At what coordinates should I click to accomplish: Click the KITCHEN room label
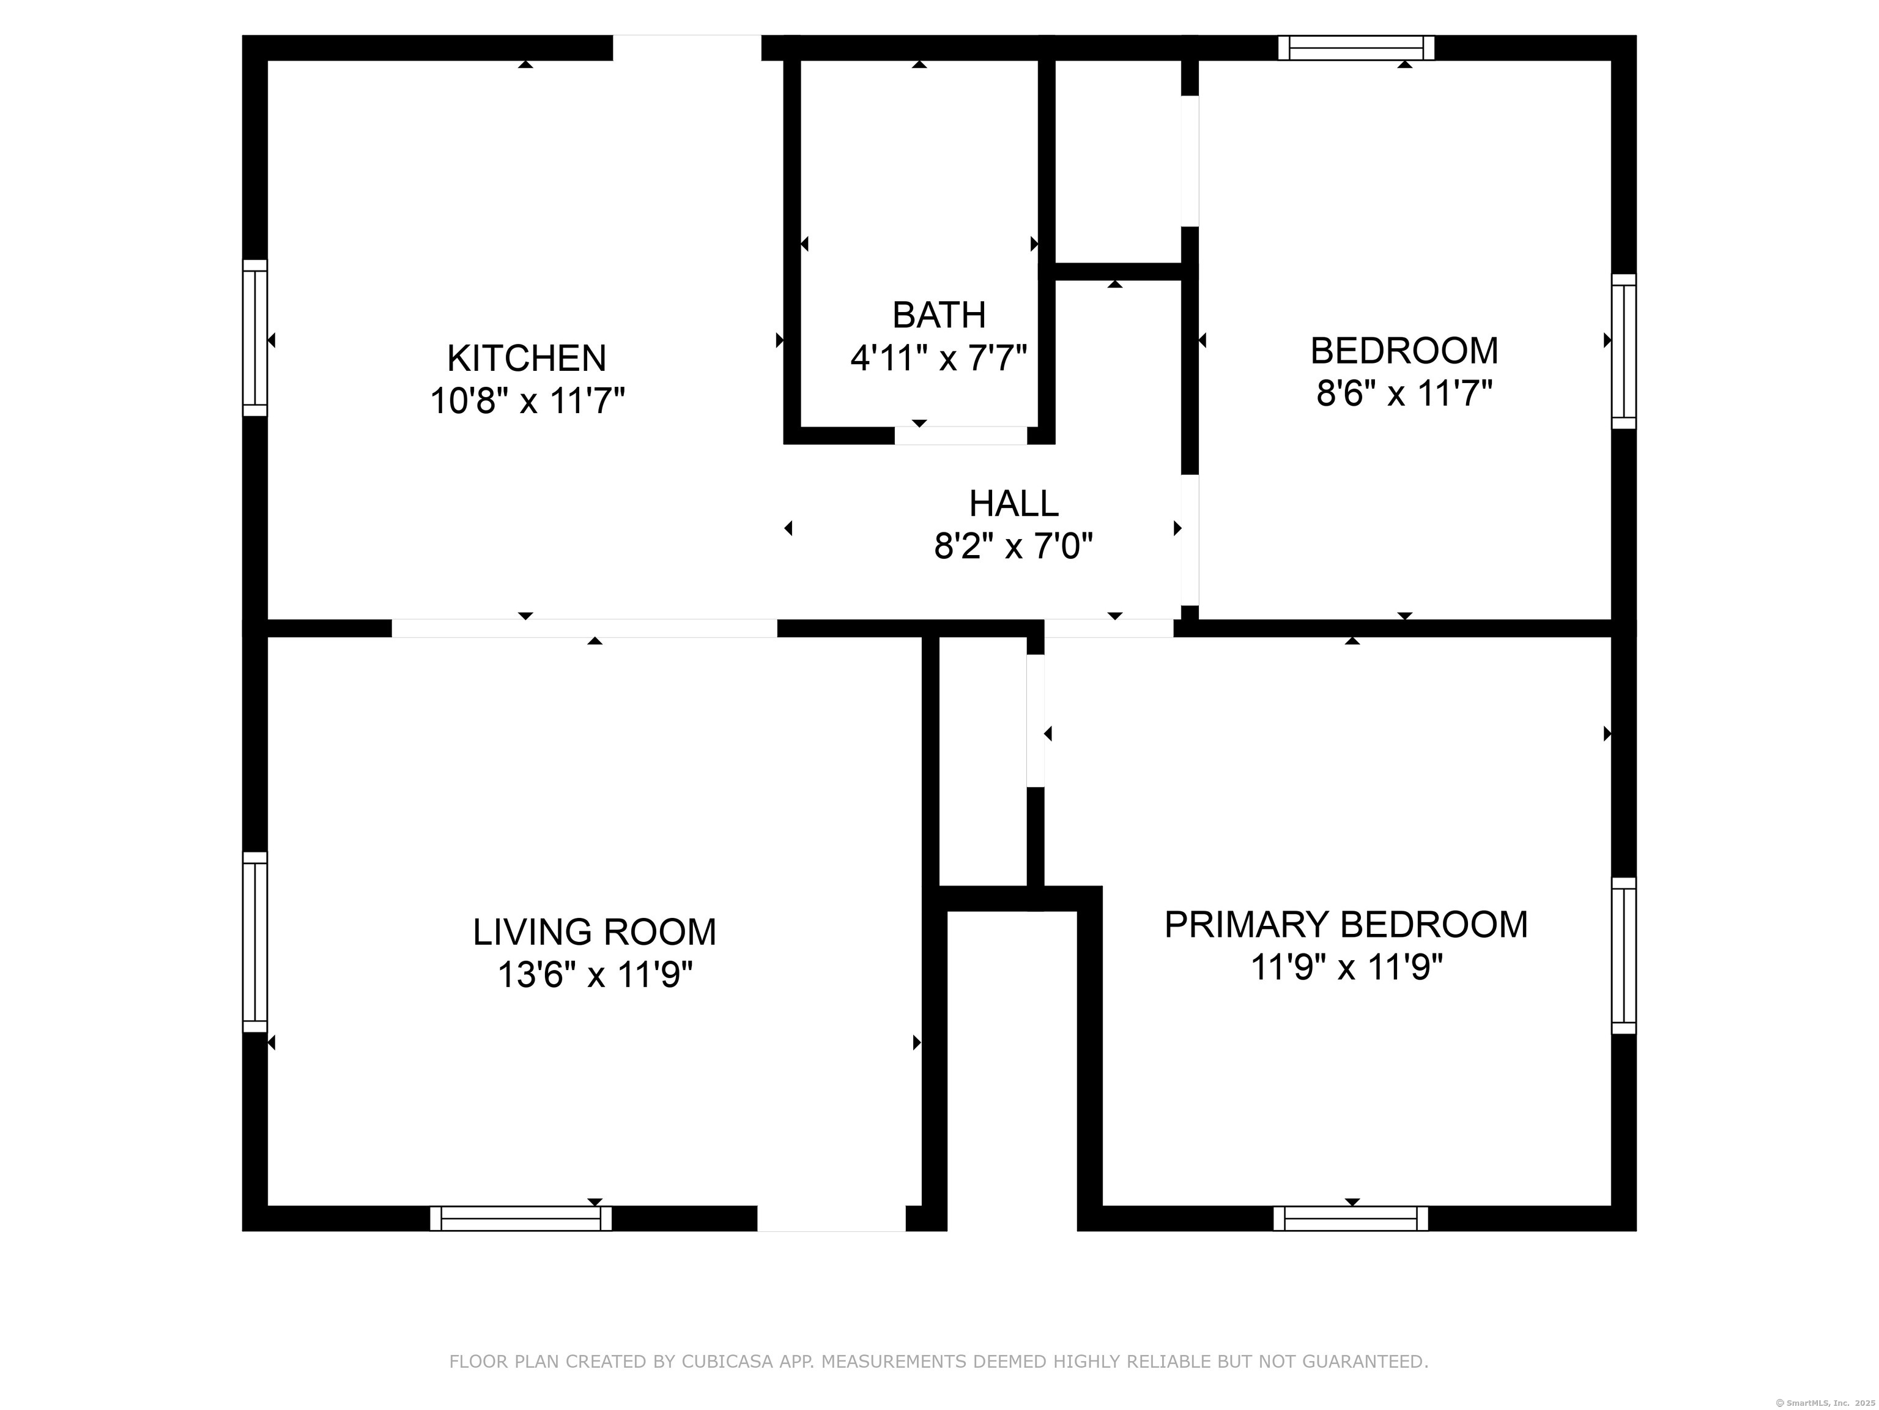click(527, 358)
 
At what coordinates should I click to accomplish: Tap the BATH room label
click(939, 315)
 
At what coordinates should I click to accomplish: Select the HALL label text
click(1014, 504)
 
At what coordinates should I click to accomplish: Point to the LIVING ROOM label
click(595, 933)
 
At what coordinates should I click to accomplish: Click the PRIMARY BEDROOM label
click(1346, 925)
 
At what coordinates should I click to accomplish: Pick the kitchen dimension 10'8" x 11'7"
click(527, 400)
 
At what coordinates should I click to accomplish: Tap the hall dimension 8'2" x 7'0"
click(1014, 546)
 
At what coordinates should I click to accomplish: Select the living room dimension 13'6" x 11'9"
click(595, 975)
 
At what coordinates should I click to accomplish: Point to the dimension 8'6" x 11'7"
click(1404, 394)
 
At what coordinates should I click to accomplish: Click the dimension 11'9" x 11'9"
click(1346, 967)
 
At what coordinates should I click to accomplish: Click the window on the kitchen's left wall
click(255, 338)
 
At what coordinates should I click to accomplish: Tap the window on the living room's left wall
click(255, 942)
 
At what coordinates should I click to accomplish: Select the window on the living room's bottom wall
click(521, 1219)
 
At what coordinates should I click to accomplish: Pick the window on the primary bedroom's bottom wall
click(1351, 1219)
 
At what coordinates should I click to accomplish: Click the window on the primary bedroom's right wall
click(1623, 955)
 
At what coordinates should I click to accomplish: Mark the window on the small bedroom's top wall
click(1357, 48)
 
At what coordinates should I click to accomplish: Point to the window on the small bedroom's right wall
click(1623, 351)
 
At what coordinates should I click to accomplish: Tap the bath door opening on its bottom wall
click(961, 435)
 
